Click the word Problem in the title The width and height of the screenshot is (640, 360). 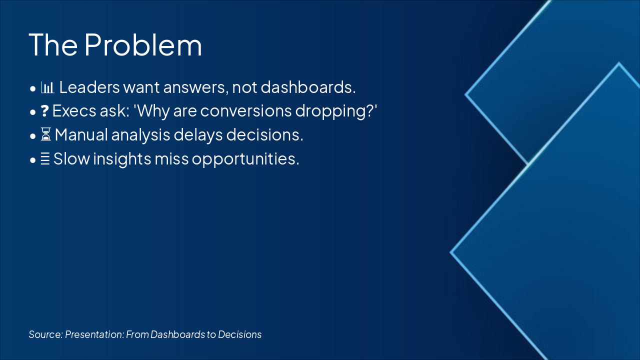(x=143, y=44)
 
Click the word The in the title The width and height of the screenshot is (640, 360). (x=53, y=44)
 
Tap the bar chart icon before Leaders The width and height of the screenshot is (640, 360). (x=47, y=87)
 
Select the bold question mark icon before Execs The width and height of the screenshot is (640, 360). (x=44, y=111)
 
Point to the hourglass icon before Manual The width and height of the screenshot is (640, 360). (x=45, y=134)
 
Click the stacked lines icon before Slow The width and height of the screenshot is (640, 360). (x=45, y=158)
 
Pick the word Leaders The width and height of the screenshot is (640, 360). (x=89, y=87)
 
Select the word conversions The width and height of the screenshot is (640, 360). (x=245, y=111)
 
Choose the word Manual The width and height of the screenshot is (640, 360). (x=81, y=134)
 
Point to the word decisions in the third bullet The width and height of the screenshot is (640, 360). (x=264, y=134)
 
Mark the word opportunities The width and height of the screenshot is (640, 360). (x=245, y=159)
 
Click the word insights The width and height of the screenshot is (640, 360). (x=122, y=159)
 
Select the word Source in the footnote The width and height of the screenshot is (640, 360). (x=45, y=334)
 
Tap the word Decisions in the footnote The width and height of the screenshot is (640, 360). (x=239, y=334)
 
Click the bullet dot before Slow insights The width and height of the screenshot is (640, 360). (x=33, y=160)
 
